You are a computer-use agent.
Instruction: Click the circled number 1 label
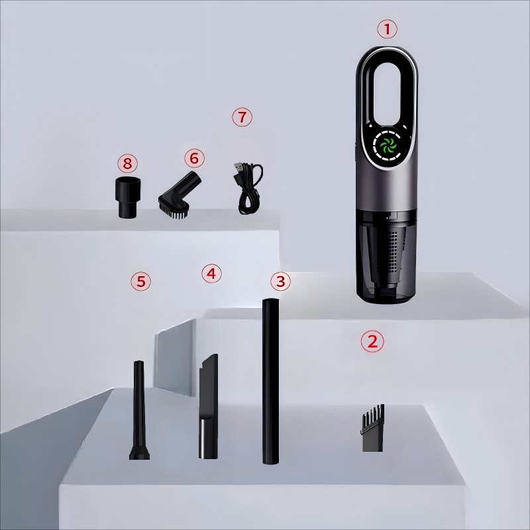pos(387,29)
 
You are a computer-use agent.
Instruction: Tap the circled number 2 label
pos(372,341)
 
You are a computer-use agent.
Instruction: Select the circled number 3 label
pos(280,281)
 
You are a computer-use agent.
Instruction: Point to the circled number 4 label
pos(211,273)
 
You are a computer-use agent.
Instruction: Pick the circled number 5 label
pos(140,281)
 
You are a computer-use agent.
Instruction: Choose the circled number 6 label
pos(194,158)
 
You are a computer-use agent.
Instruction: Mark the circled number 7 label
pos(242,117)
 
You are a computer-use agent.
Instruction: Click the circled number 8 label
pos(127,164)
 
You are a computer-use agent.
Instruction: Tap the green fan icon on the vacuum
pos(388,146)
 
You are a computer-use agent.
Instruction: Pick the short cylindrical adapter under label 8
pos(128,197)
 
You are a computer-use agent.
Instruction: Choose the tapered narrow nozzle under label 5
pos(139,410)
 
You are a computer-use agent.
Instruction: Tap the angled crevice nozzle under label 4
pos(209,406)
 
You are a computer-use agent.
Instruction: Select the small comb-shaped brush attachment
pos(372,428)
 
